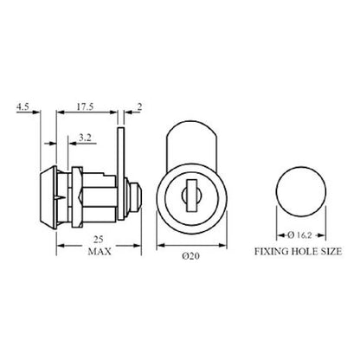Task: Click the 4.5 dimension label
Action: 22,107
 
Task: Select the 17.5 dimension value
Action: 85,107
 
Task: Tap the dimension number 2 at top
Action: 139,107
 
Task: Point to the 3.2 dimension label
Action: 85,138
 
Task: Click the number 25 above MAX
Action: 99,239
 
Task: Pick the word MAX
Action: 100,252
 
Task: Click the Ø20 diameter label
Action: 190,256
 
